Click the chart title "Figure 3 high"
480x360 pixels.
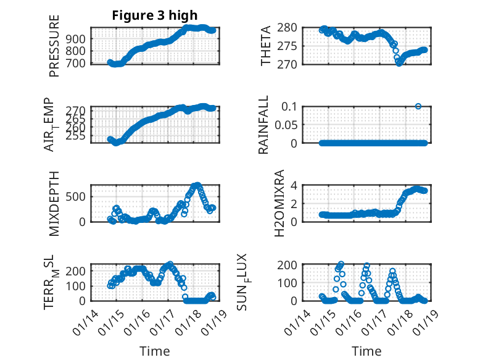(154, 15)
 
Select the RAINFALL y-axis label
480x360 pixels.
(263, 125)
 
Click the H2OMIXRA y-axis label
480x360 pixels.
(279, 203)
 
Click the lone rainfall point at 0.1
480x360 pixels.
(418, 106)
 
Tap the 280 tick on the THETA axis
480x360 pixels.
(291, 28)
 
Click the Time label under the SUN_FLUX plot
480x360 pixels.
(366, 351)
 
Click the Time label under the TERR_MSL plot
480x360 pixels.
(154, 351)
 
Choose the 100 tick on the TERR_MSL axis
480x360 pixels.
(79, 285)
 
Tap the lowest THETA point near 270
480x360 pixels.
(399, 63)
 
